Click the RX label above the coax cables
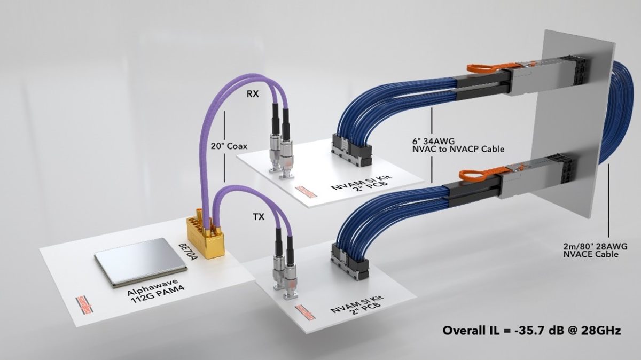(252, 94)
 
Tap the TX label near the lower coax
(259, 217)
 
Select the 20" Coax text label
(229, 146)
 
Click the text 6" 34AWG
(433, 141)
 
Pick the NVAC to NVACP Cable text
(458, 149)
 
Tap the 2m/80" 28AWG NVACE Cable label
(595, 250)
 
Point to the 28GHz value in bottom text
(601, 331)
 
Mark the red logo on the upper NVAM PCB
(307, 191)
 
